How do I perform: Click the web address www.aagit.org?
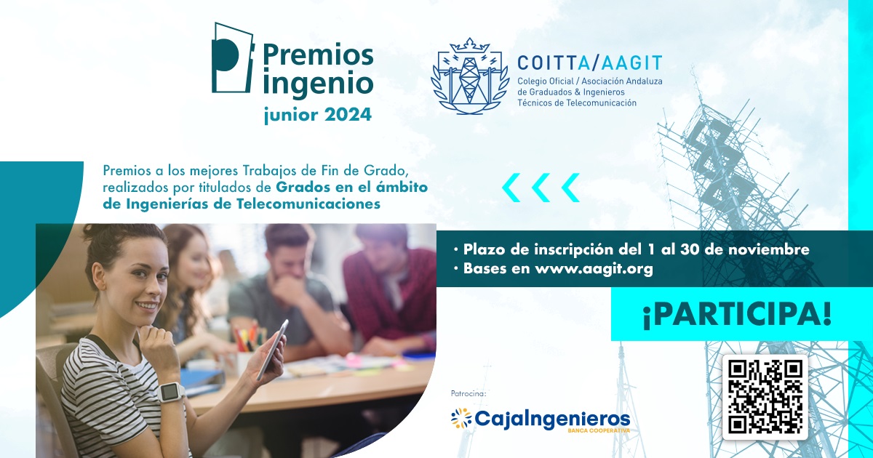click(x=594, y=269)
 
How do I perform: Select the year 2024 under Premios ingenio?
click(x=348, y=115)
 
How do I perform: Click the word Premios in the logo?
click(x=318, y=55)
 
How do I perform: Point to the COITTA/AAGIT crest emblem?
click(x=470, y=76)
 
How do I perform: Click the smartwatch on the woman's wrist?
click(x=171, y=391)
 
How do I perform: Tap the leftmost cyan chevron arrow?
click(x=511, y=188)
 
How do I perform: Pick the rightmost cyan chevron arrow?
click(x=570, y=188)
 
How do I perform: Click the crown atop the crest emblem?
click(x=470, y=45)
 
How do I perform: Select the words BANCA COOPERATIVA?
click(x=599, y=430)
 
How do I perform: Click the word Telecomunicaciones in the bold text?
click(x=308, y=204)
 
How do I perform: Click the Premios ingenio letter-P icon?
click(x=233, y=57)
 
